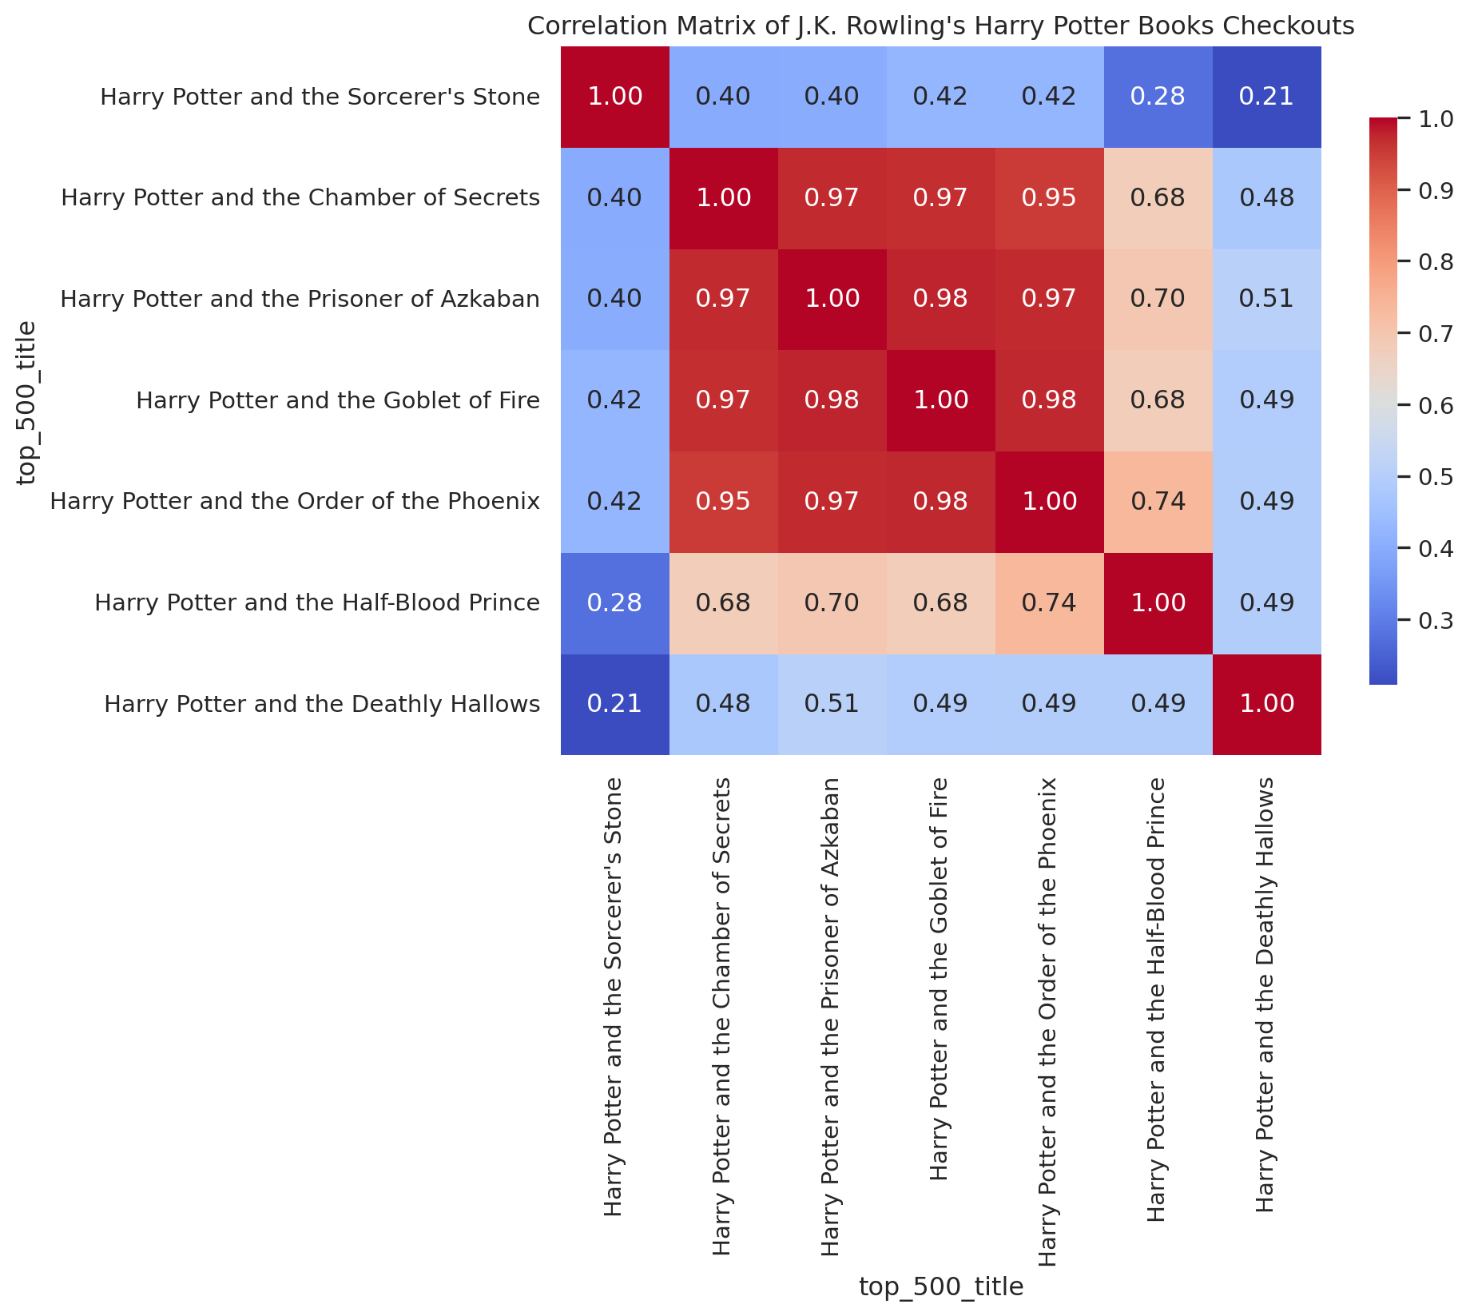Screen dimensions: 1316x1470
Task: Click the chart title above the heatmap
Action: [940, 26]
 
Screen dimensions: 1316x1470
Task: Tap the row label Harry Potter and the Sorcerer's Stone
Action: [320, 97]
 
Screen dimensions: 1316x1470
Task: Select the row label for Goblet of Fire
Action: [338, 400]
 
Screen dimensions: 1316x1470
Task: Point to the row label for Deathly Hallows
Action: [322, 704]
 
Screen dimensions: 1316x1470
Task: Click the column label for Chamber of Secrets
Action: [721, 1016]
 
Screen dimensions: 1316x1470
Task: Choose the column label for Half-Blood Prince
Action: [1157, 999]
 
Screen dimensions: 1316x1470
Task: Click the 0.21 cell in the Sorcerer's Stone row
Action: [1266, 97]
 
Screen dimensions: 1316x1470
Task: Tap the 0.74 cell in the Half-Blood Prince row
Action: [1049, 602]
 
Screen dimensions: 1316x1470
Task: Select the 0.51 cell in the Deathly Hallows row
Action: [832, 704]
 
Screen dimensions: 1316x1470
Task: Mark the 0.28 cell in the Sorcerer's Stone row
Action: [1158, 97]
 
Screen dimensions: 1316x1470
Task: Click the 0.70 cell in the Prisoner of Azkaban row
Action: [1158, 299]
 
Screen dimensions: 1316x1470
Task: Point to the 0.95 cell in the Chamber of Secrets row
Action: [1049, 198]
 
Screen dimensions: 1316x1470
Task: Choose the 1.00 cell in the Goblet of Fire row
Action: [940, 400]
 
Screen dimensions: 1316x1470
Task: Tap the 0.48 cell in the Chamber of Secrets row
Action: [1266, 198]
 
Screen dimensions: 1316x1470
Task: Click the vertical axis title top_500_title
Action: [27, 402]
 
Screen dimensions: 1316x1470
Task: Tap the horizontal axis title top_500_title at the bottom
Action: [940, 1286]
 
